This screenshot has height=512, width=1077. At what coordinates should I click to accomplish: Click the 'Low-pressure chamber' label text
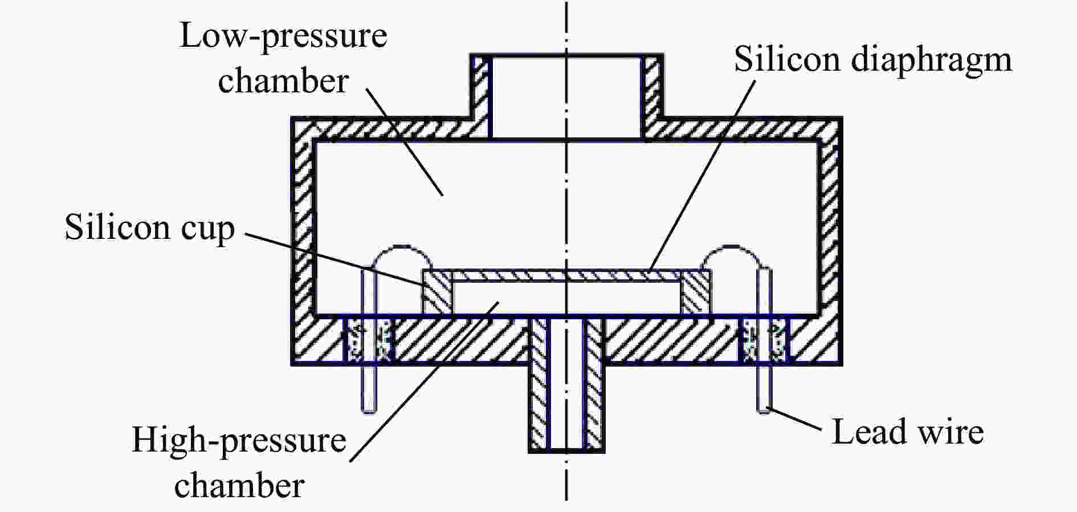click(x=283, y=58)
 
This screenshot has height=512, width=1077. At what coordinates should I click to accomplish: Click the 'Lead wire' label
click(x=908, y=432)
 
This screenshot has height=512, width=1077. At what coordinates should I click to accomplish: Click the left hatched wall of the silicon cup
click(x=436, y=292)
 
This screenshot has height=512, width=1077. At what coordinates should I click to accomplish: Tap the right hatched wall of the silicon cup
click(x=695, y=292)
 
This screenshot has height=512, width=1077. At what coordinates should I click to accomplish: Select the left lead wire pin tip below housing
click(x=369, y=408)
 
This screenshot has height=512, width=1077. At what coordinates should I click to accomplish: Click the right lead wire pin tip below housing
click(x=765, y=408)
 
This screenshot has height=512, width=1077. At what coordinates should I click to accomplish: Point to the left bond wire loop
click(x=401, y=247)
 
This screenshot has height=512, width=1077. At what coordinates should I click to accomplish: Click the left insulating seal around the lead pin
click(x=369, y=340)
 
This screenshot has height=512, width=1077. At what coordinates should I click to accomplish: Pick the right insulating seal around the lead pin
click(x=765, y=340)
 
